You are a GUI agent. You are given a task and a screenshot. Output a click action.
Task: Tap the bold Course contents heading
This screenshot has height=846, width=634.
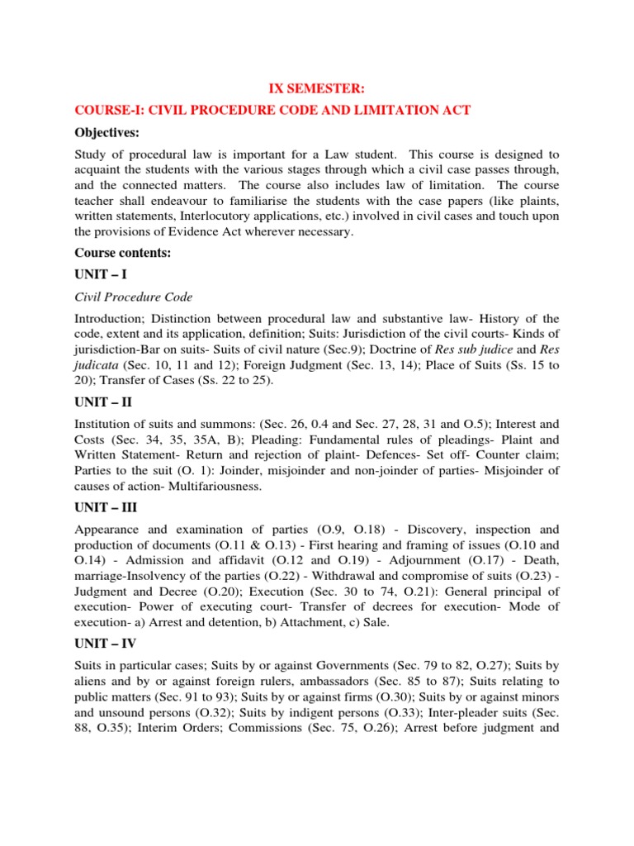click(123, 253)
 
